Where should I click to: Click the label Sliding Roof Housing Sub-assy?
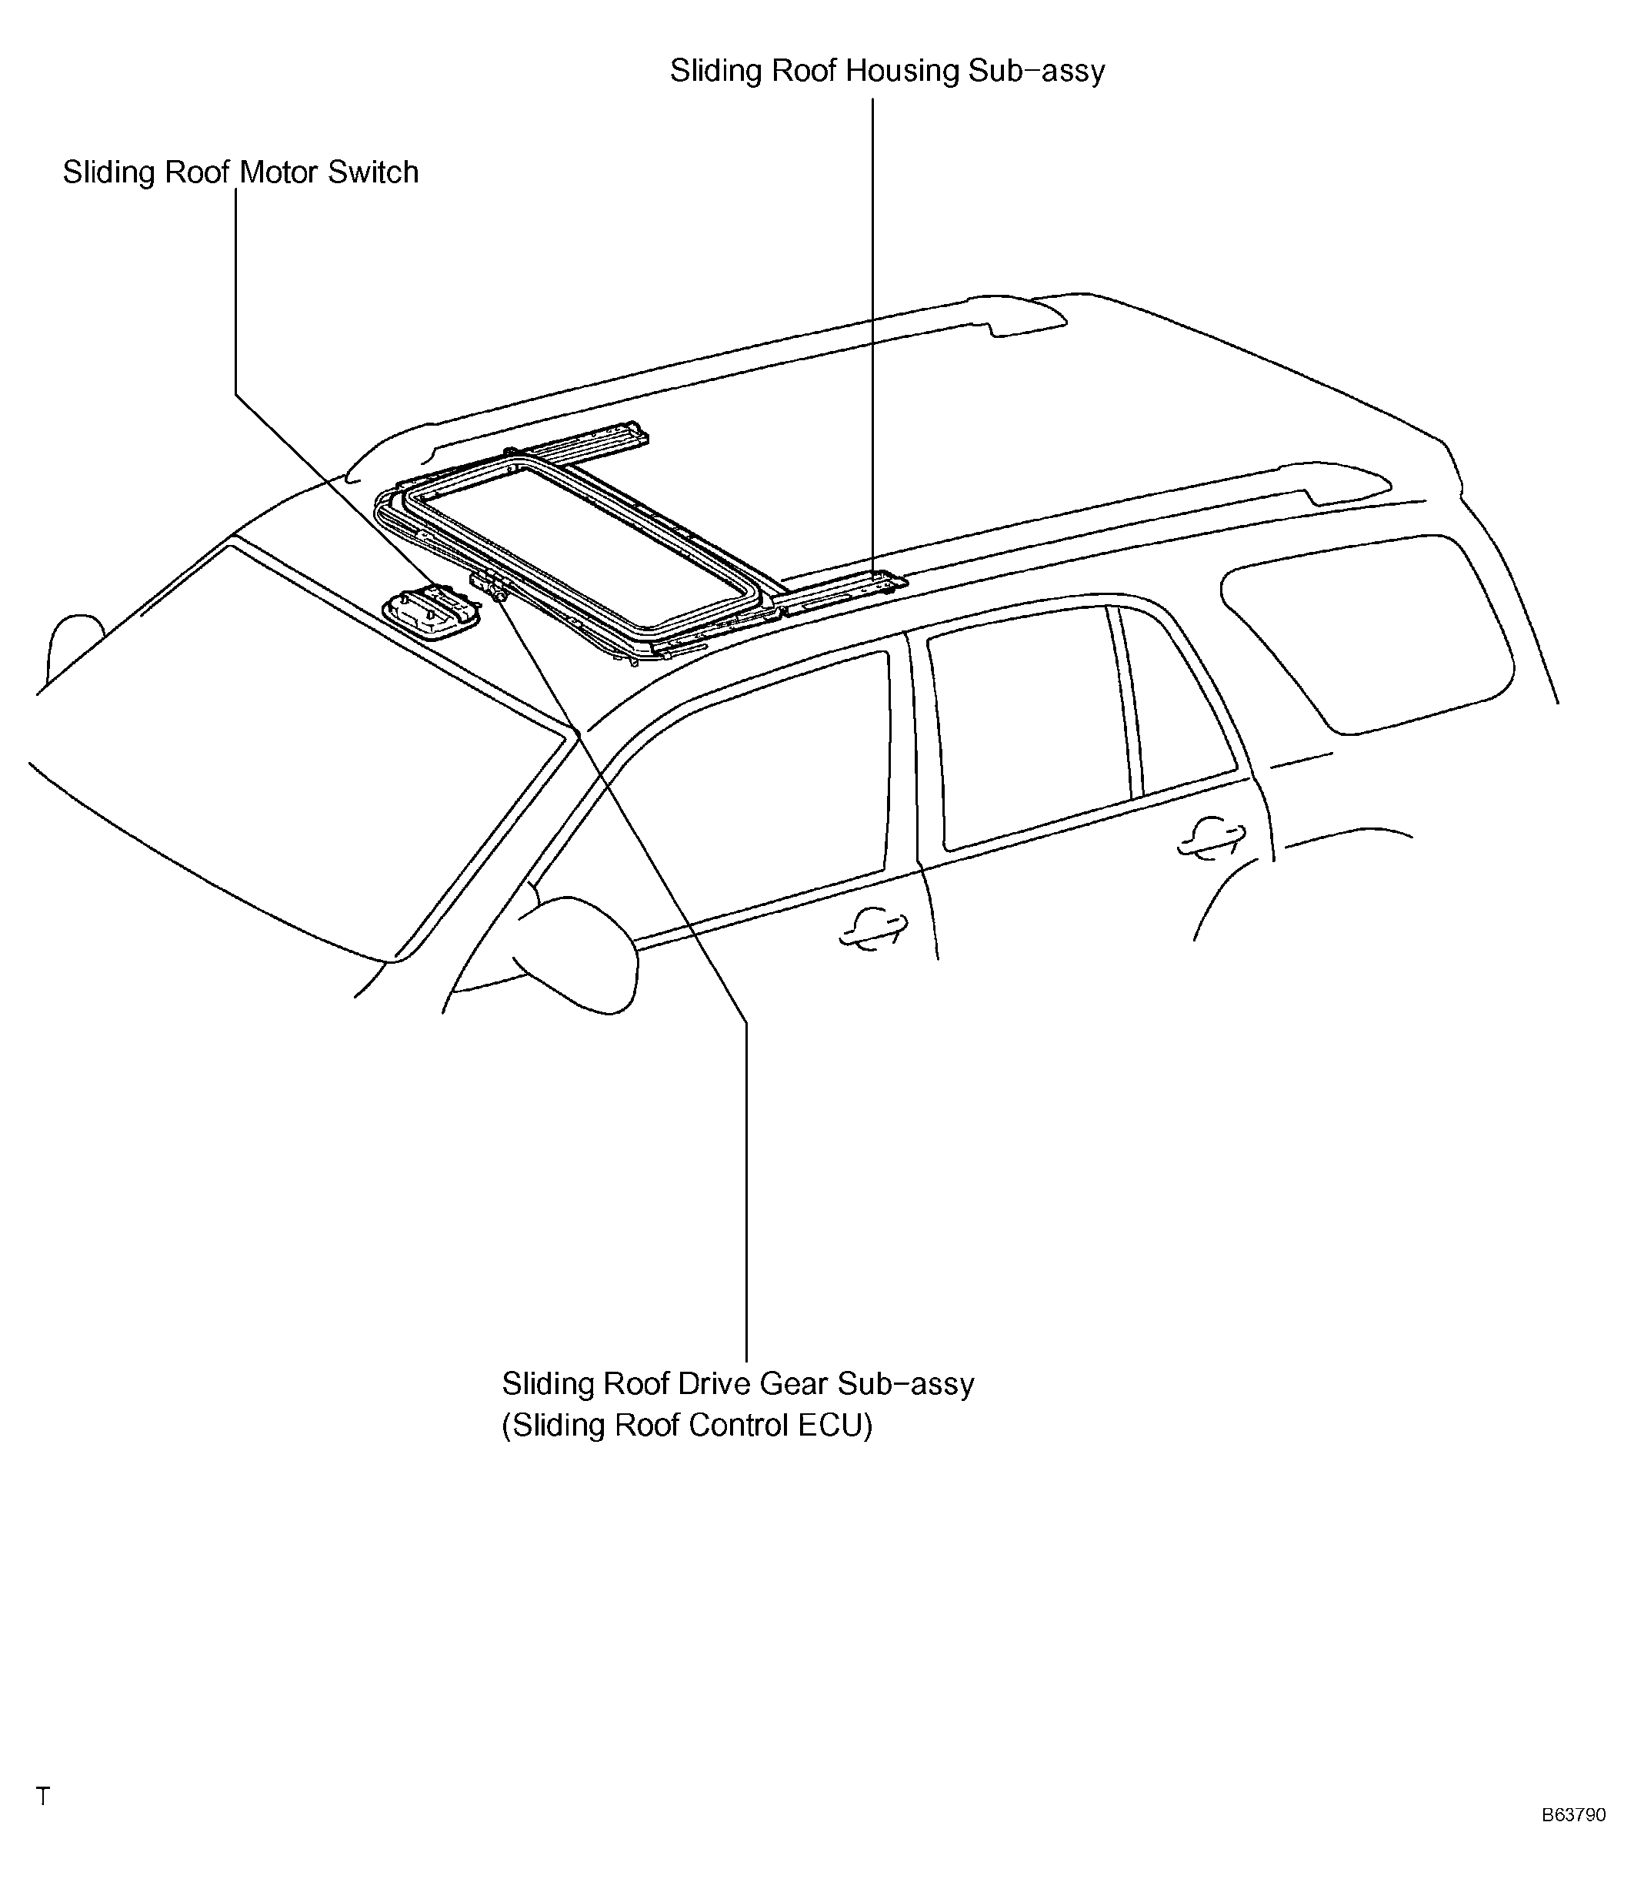pyautogui.click(x=887, y=71)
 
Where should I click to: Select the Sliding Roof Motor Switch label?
pyautogui.click(x=241, y=172)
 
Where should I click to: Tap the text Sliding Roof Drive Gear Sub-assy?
pyautogui.click(x=738, y=1384)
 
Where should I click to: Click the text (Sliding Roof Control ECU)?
pyautogui.click(x=687, y=1425)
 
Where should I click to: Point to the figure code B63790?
pyautogui.click(x=1574, y=1815)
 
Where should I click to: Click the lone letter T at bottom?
pyautogui.click(x=43, y=1797)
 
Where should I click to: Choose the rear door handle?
pyautogui.click(x=1211, y=838)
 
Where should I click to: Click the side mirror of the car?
pyautogui.click(x=575, y=954)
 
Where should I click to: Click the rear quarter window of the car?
pyautogui.click(x=1368, y=630)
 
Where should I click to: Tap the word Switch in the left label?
pyautogui.click(x=374, y=172)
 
